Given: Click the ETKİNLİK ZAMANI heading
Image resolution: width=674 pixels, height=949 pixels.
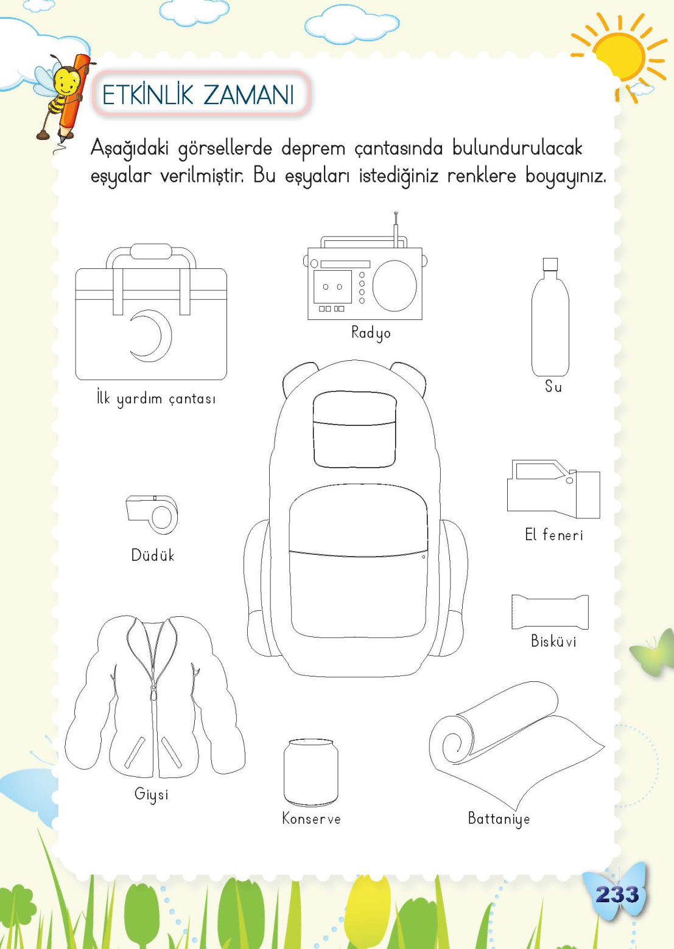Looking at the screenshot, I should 198,95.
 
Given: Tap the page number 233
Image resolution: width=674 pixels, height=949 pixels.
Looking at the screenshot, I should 617,894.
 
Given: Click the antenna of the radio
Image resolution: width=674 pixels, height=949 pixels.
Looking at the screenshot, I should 396,229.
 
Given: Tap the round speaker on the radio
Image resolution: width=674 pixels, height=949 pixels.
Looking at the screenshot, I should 395,285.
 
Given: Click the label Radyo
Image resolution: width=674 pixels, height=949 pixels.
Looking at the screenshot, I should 371,333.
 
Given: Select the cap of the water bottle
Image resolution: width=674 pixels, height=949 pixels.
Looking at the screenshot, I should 550,264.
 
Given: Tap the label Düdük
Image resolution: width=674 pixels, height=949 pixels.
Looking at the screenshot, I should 153,555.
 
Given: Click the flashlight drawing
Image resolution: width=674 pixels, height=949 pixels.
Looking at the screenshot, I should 553,489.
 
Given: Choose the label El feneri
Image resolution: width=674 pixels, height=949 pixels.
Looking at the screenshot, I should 553,535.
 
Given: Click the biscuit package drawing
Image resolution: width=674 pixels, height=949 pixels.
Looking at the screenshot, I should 550,612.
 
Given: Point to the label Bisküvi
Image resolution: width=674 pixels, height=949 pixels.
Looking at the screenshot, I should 553,641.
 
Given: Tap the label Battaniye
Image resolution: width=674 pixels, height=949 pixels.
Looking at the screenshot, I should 499,819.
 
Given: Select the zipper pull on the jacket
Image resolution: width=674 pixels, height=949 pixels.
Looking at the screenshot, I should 153,693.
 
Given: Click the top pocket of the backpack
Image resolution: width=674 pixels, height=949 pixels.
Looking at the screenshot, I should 354,429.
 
